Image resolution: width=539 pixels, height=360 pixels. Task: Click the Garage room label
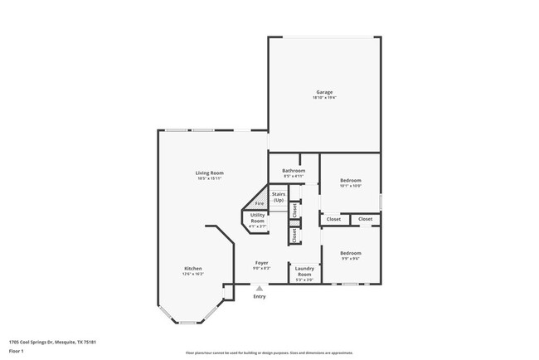[324, 91]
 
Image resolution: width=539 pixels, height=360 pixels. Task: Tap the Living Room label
[210, 173]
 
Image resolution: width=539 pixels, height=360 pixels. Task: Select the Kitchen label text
[193, 268]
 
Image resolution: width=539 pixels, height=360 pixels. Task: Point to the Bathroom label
[294, 171]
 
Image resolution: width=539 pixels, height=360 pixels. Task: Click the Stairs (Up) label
[279, 197]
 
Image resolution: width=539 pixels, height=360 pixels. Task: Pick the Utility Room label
[258, 218]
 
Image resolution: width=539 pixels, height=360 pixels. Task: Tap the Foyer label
[261, 262]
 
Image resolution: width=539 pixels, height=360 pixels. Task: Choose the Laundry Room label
[304, 271]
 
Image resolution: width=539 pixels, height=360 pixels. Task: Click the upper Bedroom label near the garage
[350, 180]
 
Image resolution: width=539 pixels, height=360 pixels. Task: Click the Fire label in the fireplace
[260, 203]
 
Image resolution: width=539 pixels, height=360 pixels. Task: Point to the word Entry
[260, 296]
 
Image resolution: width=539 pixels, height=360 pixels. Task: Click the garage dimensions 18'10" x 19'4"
[324, 97]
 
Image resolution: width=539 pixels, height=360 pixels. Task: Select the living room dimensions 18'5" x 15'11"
[210, 178]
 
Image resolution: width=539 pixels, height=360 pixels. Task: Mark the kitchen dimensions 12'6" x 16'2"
[193, 274]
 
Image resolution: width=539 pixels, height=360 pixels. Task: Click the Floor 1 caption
[17, 349]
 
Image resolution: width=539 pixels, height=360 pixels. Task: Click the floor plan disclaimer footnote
[269, 353]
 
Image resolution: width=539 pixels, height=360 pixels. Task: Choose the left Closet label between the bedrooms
[333, 219]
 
